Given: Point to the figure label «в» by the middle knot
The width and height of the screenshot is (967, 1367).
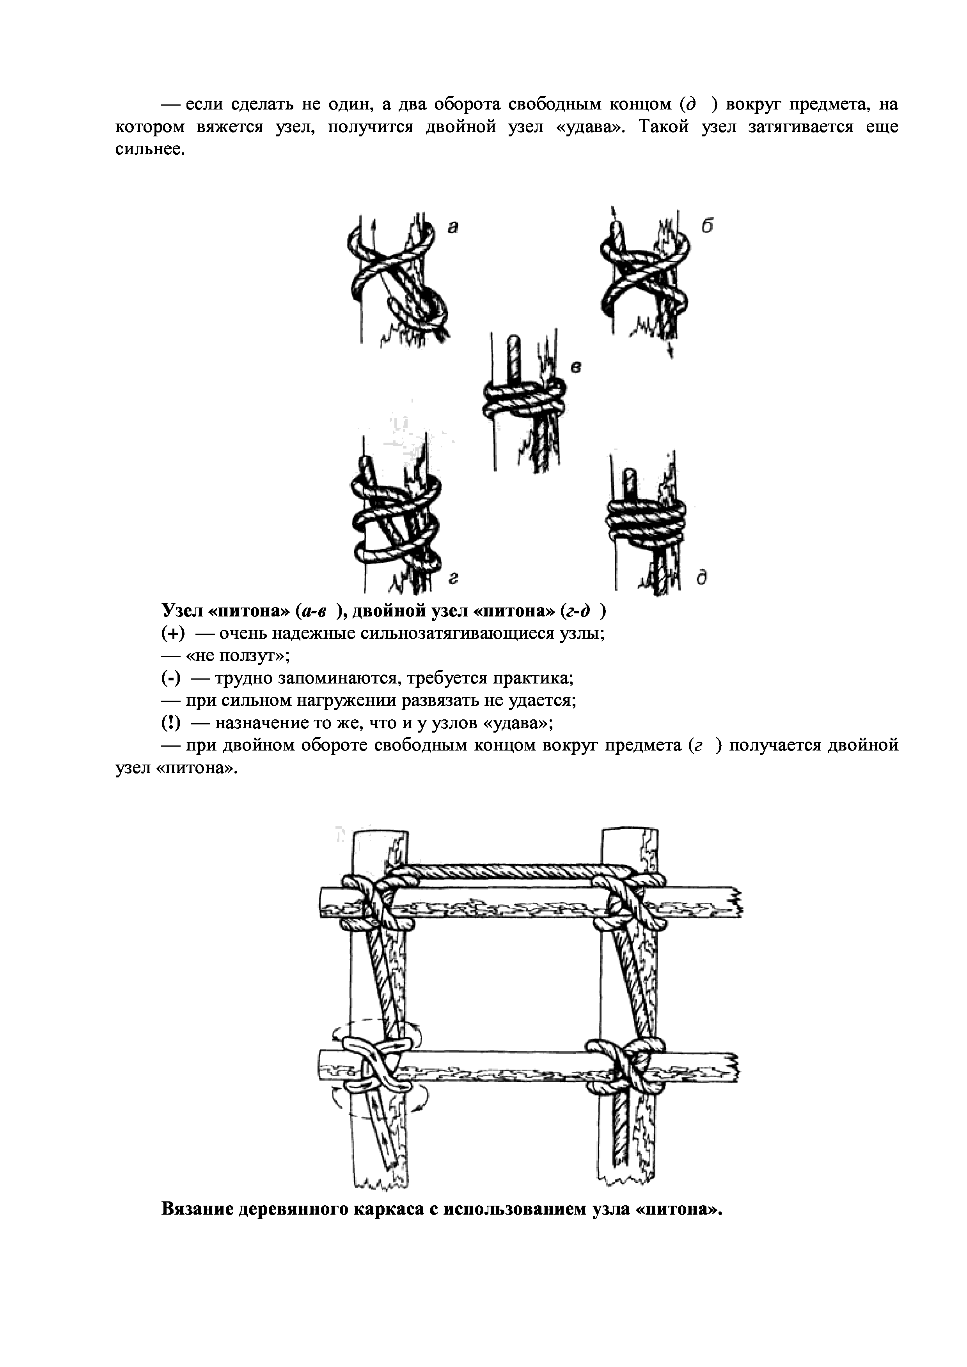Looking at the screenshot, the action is (x=575, y=367).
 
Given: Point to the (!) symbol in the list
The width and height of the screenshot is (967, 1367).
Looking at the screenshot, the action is (x=171, y=723).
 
